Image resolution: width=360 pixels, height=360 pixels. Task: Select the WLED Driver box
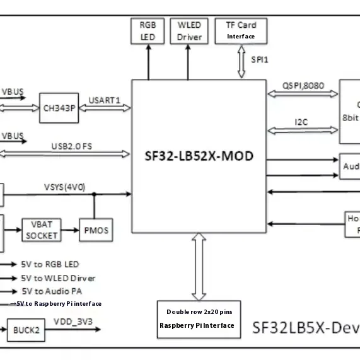point(190,31)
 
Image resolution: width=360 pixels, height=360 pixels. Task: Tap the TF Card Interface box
point(241,30)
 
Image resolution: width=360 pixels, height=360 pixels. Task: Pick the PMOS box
point(95,231)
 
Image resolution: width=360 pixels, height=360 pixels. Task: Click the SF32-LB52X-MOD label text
point(199,154)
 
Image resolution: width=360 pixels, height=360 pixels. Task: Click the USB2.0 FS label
point(72,146)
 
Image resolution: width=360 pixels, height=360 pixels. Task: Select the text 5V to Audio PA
point(51,291)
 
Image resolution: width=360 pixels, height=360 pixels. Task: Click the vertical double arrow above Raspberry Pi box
point(199,265)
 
